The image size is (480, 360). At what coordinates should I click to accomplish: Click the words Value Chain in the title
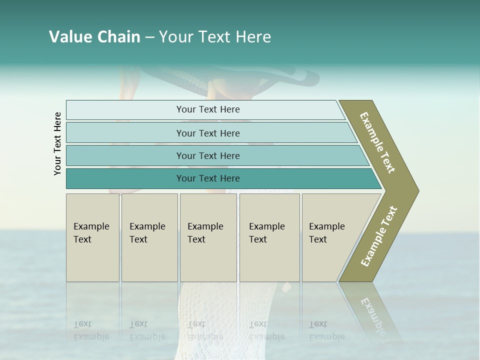94,37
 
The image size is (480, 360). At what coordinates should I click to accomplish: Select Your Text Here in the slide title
215,37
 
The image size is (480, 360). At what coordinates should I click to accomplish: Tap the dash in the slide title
149,37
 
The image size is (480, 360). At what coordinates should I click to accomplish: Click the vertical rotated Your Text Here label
57,143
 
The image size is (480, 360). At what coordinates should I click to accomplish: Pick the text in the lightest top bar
208,109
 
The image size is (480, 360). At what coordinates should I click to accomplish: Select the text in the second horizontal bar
208,133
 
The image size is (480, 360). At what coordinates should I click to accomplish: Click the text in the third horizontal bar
208,155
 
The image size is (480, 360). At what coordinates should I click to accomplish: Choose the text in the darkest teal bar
208,178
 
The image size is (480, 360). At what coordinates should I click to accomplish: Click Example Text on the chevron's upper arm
377,142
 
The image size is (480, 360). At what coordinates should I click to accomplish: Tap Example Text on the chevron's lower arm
379,236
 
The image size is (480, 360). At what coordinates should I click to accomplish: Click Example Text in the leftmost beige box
91,233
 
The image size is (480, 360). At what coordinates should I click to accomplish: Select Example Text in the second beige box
147,233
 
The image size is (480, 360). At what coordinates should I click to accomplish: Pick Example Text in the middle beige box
205,233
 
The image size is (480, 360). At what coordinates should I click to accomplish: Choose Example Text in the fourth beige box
266,233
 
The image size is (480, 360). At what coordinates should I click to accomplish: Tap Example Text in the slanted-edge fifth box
326,233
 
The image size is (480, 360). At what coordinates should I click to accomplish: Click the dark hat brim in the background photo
300,77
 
